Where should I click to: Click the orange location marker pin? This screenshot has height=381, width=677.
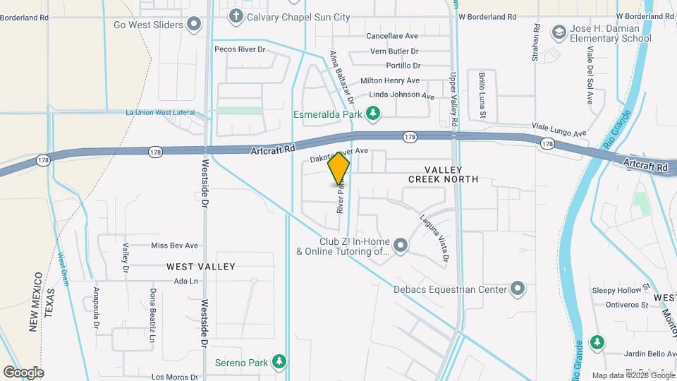[x=338, y=169]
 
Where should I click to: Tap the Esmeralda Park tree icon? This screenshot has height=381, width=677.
[x=374, y=113]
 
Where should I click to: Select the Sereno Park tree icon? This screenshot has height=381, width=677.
[x=280, y=362]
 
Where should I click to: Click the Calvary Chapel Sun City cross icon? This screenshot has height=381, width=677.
[x=236, y=15]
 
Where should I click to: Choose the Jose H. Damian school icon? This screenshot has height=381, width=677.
[x=559, y=32]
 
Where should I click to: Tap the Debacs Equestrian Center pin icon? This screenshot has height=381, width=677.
[x=518, y=289]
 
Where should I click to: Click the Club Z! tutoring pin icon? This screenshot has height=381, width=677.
[x=401, y=246]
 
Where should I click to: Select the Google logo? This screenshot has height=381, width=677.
[x=23, y=372]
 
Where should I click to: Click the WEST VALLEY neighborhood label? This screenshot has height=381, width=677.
[x=201, y=267]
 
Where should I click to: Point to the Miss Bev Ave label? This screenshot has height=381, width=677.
[x=174, y=246]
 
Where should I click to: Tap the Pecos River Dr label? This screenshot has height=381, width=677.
[x=240, y=49]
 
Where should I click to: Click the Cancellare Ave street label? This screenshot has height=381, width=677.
[x=393, y=36]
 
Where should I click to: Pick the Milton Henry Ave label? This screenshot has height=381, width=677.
[x=390, y=80]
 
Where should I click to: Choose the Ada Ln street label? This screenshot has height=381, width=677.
[x=183, y=281]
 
